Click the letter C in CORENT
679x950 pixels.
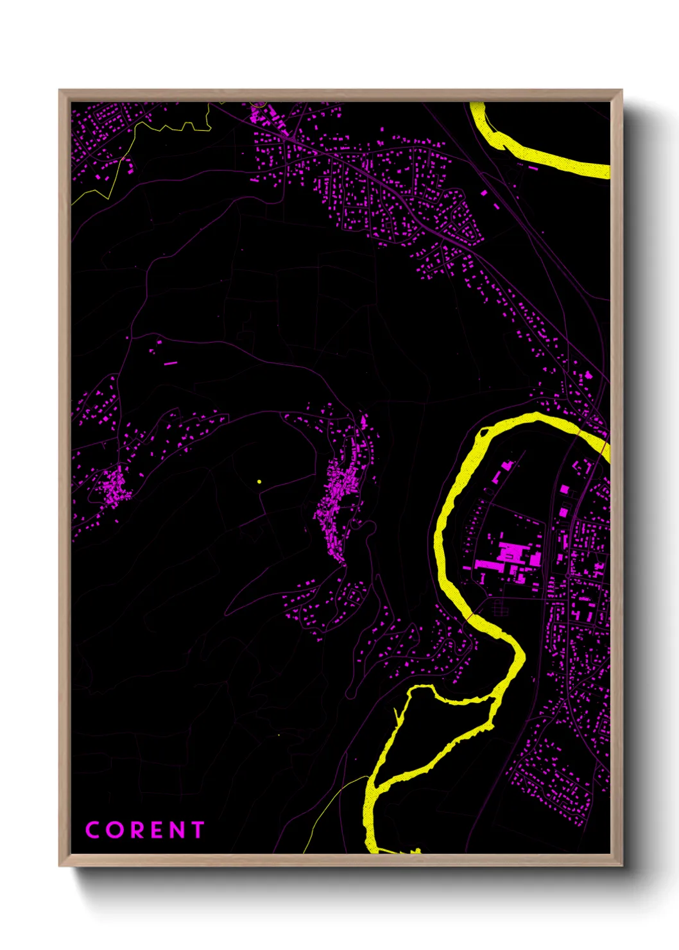[x=93, y=830]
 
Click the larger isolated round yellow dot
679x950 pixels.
[x=259, y=481]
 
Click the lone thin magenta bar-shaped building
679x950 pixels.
[x=170, y=363]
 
